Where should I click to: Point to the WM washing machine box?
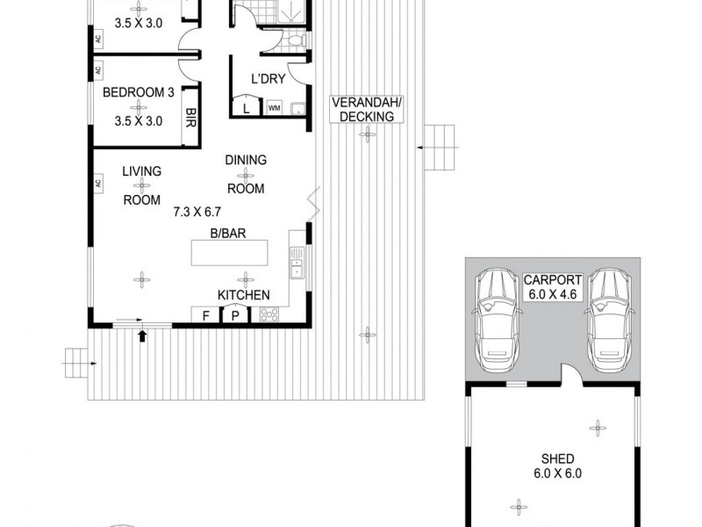[x=274, y=109]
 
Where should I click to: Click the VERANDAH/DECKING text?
[x=365, y=109]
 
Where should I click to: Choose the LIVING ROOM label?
[x=141, y=185]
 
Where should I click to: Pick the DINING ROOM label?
[x=246, y=174]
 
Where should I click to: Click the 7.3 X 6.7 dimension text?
[x=199, y=211]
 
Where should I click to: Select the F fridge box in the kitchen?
[x=204, y=316]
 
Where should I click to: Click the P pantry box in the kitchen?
[x=235, y=316]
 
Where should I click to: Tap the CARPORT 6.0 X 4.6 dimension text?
[x=553, y=287]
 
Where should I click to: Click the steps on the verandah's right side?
[x=441, y=148]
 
